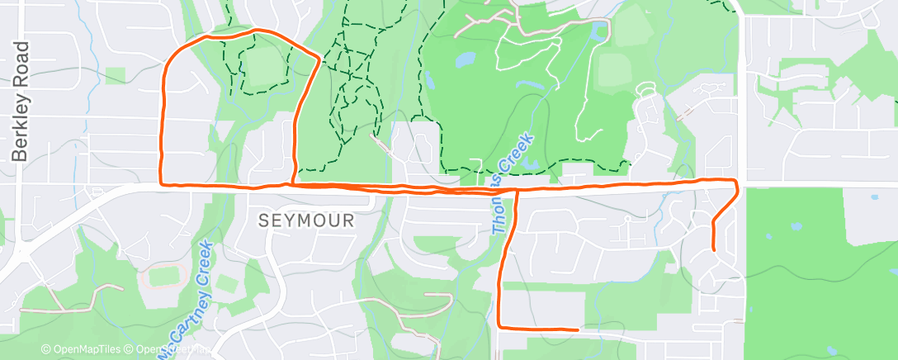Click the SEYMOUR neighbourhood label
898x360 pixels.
307,220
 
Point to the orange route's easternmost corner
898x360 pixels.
736,188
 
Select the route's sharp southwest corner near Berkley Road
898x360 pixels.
161,183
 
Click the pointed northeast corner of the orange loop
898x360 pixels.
319,58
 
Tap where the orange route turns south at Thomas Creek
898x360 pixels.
517,191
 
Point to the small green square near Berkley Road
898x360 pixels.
116,74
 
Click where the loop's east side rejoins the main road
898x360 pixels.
293,183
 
